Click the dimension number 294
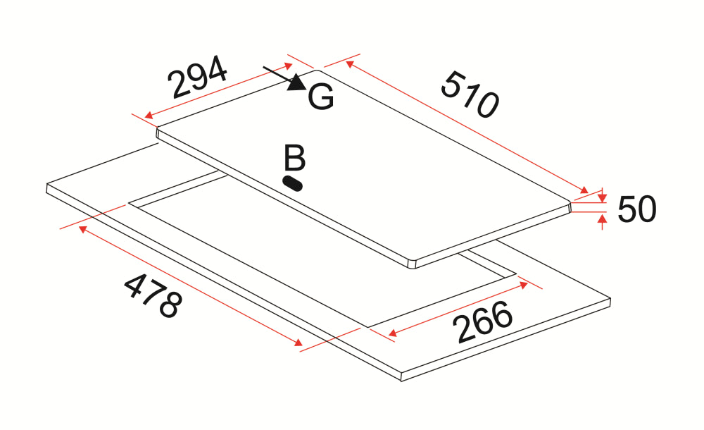[x=199, y=77]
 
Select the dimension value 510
[x=470, y=94]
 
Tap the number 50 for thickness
[x=637, y=209]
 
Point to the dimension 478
[x=153, y=295]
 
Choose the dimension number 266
[x=482, y=323]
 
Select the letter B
[x=294, y=159]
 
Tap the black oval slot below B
[x=292, y=183]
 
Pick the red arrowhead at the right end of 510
[x=584, y=190]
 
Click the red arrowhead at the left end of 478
[x=83, y=229]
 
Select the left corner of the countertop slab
[x=46, y=187]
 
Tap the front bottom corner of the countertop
[x=401, y=379]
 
